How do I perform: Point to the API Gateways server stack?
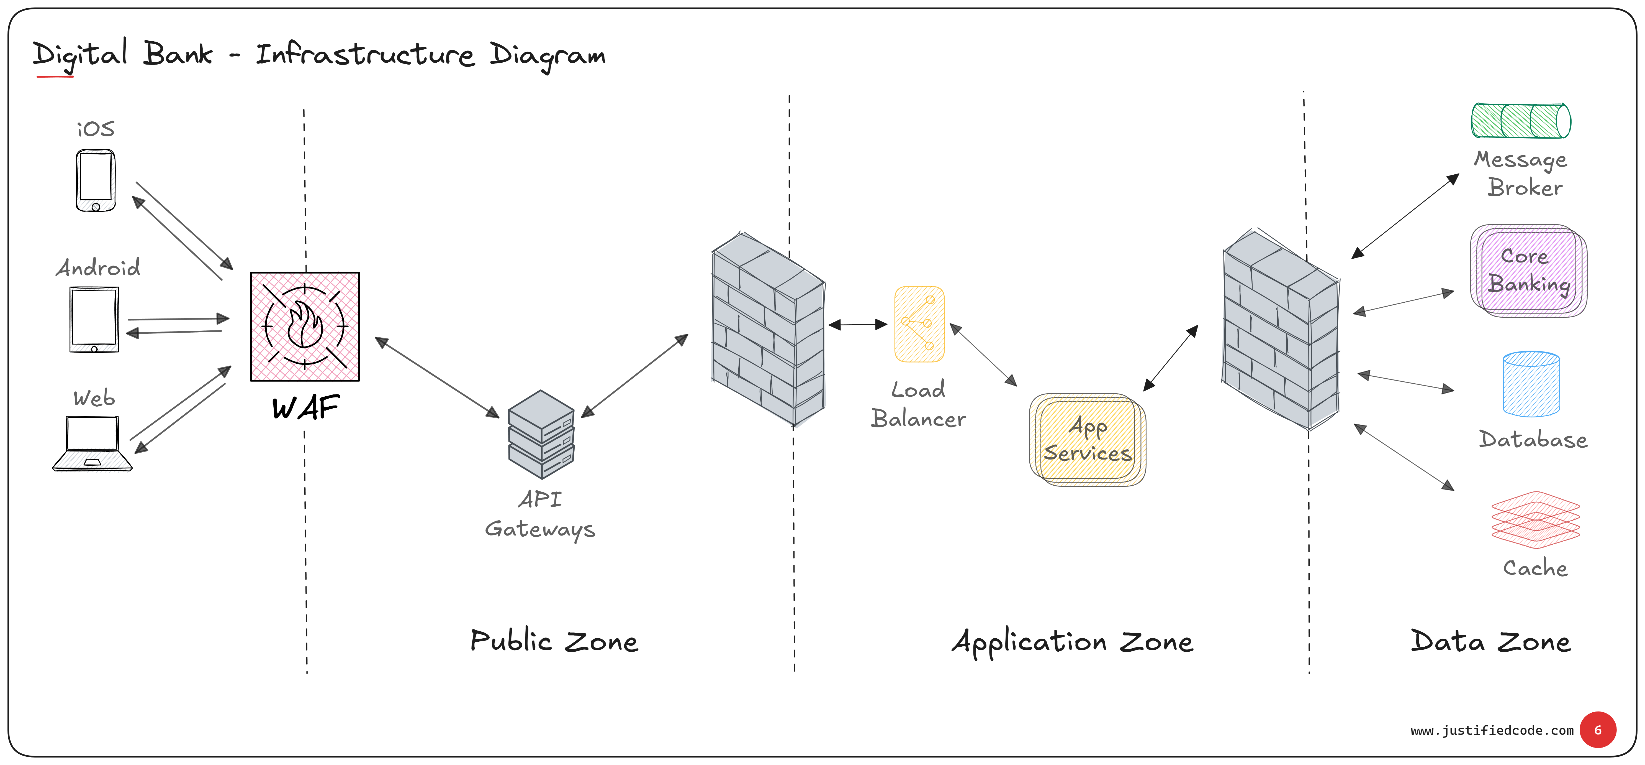coord(541,435)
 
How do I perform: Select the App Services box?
coord(1088,440)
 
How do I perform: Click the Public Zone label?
coord(554,641)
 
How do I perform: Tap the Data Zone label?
coord(1490,641)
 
